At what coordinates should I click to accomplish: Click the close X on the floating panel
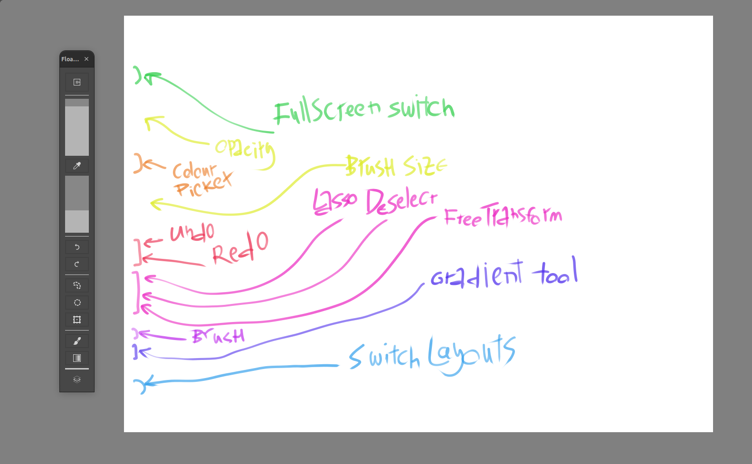(x=86, y=59)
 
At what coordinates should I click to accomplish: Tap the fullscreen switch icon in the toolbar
(x=77, y=82)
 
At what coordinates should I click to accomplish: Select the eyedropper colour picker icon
(x=77, y=166)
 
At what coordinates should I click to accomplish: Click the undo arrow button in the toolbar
(x=77, y=247)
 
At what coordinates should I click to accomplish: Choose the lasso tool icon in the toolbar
(x=77, y=285)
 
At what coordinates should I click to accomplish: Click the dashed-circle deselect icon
(x=77, y=303)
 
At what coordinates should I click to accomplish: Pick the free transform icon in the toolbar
(x=77, y=320)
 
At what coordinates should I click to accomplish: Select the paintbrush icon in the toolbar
(x=77, y=341)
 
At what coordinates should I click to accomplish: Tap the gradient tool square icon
(x=77, y=358)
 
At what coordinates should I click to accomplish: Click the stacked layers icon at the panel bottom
(x=77, y=379)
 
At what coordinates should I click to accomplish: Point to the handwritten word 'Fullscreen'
(x=328, y=111)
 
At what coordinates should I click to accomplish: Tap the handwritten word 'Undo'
(x=192, y=232)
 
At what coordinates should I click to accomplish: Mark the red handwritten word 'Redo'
(x=240, y=248)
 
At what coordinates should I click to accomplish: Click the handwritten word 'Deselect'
(x=401, y=200)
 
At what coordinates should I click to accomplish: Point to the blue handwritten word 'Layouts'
(x=472, y=355)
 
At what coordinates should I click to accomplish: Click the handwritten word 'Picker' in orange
(x=203, y=185)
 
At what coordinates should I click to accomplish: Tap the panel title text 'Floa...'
(x=70, y=59)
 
